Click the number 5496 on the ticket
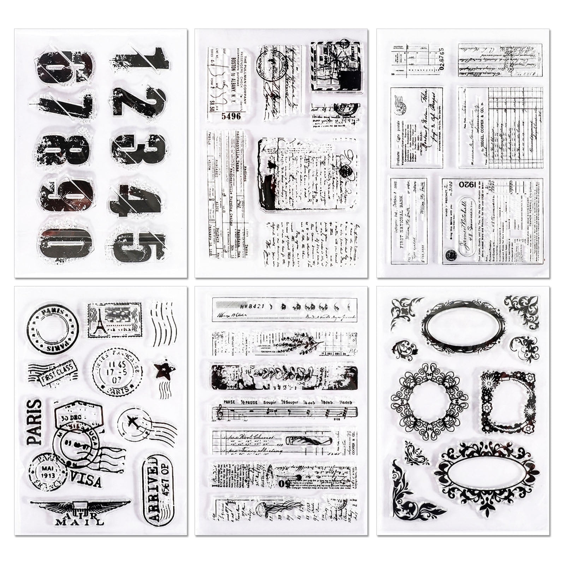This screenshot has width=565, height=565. (x=231, y=116)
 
